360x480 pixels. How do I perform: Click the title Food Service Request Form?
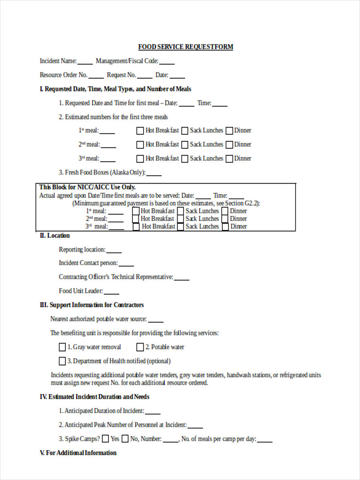pyautogui.click(x=186, y=47)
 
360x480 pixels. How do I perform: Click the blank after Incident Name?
pyautogui.click(x=85, y=62)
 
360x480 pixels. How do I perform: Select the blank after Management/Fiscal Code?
pyautogui.click(x=167, y=62)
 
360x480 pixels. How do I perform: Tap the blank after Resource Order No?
pyautogui.click(x=96, y=76)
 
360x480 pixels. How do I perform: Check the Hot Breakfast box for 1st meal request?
pyautogui.click(x=140, y=131)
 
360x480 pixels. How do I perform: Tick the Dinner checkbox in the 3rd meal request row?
pyautogui.click(x=229, y=159)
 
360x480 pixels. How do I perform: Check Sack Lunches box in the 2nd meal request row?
pyautogui.click(x=185, y=145)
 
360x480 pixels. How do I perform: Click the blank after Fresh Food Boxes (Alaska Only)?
pyautogui.click(x=154, y=174)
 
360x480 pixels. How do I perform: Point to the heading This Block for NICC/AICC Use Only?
pyautogui.click(x=88, y=187)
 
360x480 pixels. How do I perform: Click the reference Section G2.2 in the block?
pyautogui.click(x=242, y=203)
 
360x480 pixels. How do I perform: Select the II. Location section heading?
pyautogui.click(x=54, y=236)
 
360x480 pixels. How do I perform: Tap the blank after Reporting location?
pyautogui.click(x=114, y=251)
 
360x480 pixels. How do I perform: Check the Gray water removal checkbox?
pyautogui.click(x=62, y=347)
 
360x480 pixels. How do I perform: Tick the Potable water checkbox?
pyautogui.click(x=140, y=347)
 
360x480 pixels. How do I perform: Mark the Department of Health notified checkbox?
pyautogui.click(x=62, y=361)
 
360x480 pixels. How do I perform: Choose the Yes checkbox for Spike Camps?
pyautogui.click(x=105, y=439)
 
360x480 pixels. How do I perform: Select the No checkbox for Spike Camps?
pyautogui.click(x=125, y=439)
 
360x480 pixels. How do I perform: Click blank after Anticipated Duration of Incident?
pyautogui.click(x=153, y=412)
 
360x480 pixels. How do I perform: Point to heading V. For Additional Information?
pyautogui.click(x=78, y=453)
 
